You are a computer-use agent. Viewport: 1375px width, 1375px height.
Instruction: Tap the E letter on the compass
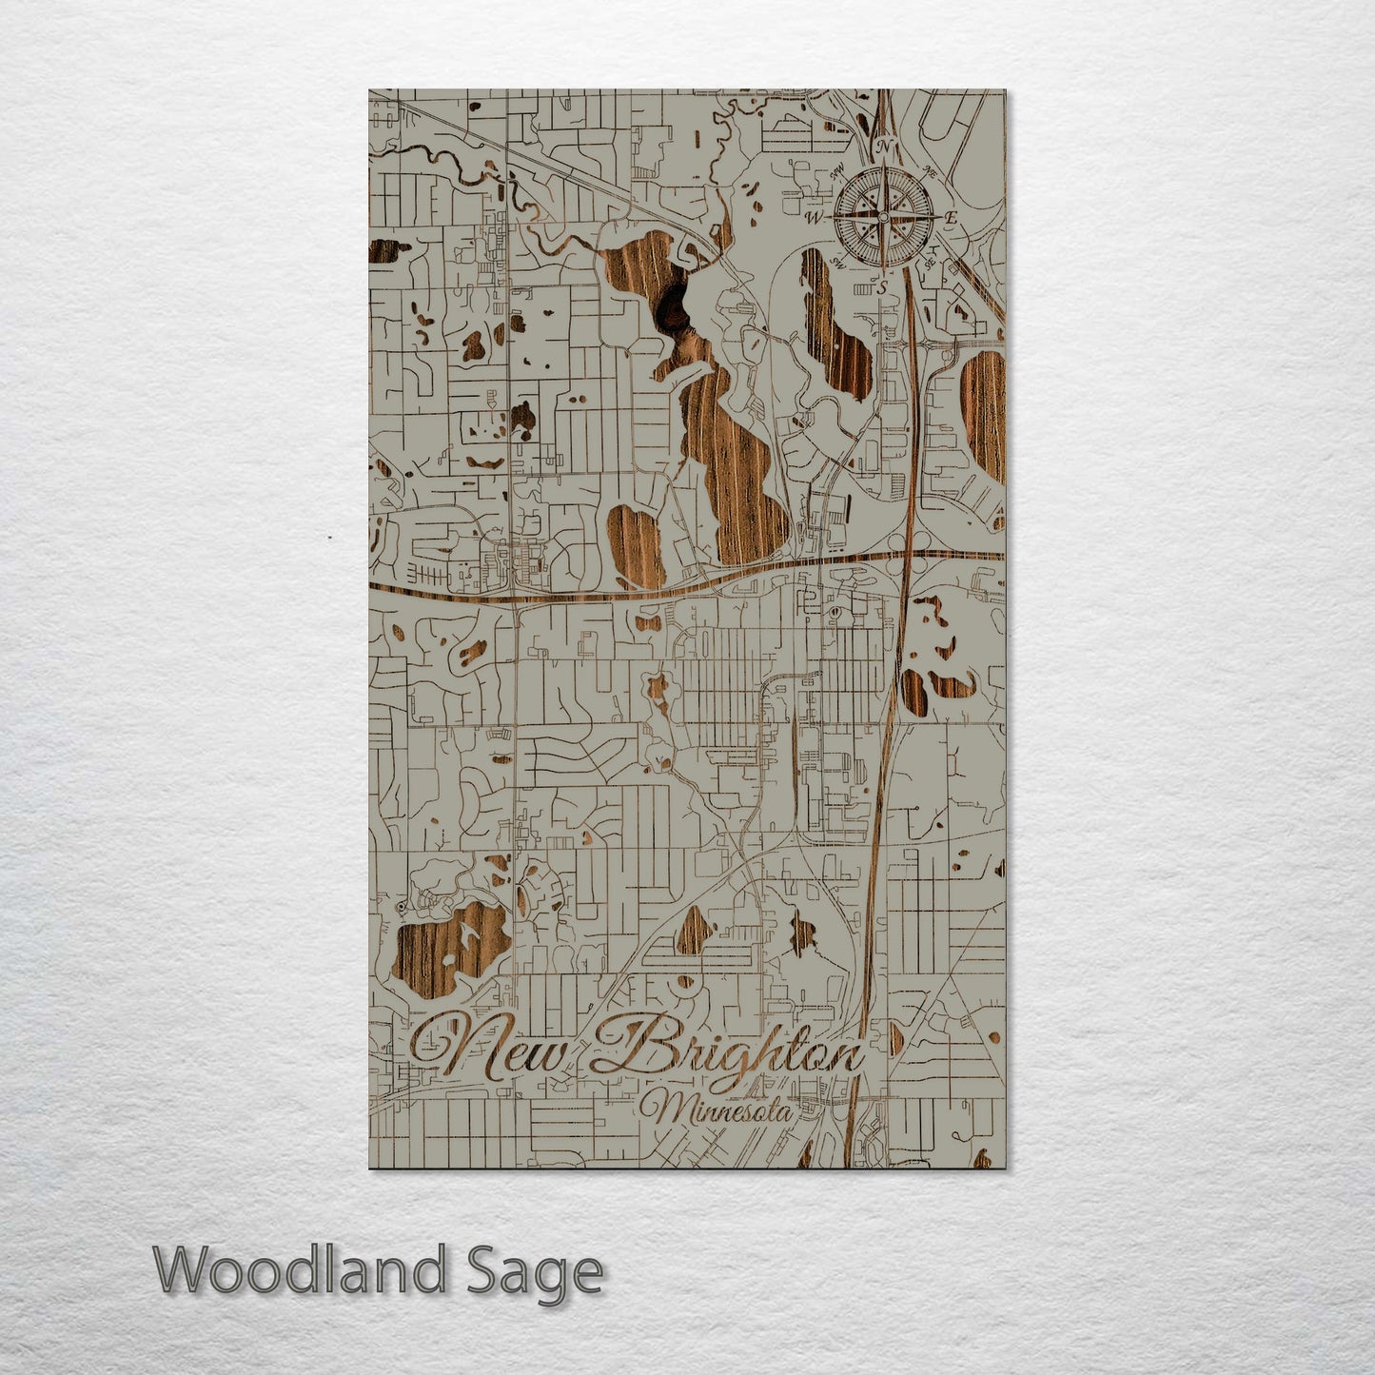950,218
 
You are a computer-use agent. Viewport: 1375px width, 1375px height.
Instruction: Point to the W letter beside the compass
815,218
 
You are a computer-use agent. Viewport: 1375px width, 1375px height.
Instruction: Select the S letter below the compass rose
882,286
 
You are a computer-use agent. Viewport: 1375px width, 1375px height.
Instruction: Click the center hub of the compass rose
883,217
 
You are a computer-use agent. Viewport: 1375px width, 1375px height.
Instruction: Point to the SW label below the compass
837,261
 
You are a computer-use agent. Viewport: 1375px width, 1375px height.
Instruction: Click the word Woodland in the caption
300,1270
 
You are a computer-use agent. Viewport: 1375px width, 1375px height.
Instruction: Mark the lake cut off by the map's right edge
985,414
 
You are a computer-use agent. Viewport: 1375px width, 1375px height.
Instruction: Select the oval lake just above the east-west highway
636,545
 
